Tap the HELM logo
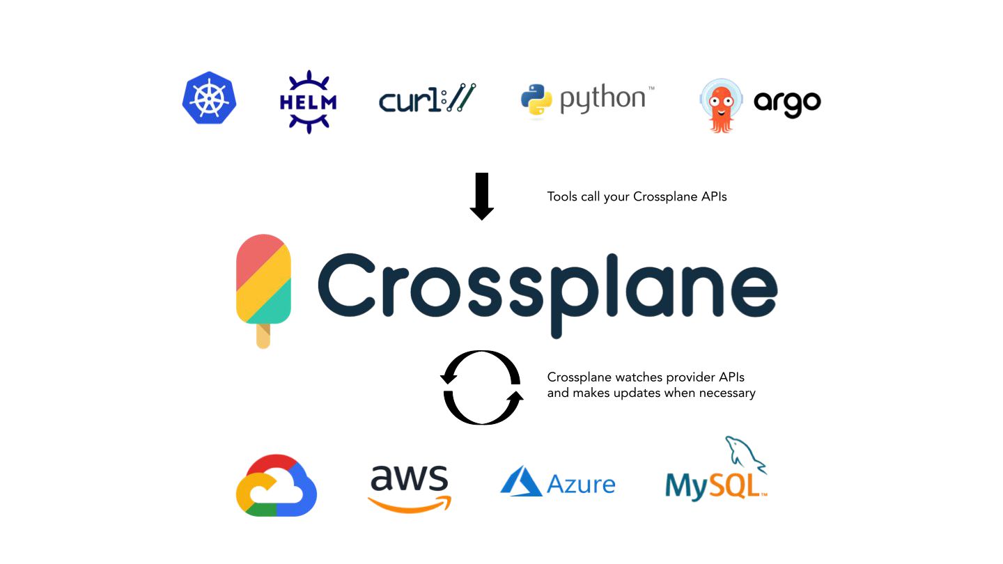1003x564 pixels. click(307, 102)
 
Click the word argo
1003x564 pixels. click(787, 104)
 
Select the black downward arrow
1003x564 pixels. click(481, 196)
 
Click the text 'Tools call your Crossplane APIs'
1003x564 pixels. click(637, 197)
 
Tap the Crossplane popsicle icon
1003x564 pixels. click(263, 282)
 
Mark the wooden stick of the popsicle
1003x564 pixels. click(263, 336)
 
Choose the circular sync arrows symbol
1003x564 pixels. click(481, 387)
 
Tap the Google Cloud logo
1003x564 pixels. click(277, 485)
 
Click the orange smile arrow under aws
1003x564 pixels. click(409, 503)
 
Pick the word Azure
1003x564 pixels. click(581, 484)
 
